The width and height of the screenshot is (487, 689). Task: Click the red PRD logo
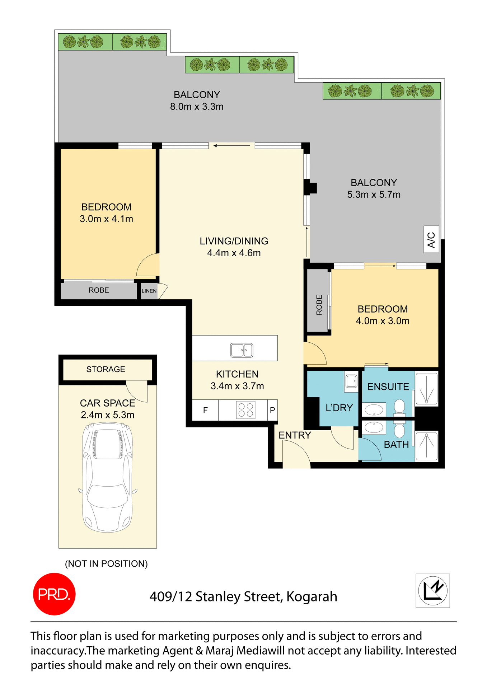54,594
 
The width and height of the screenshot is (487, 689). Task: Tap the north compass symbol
432,590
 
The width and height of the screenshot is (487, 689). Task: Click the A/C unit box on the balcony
431,239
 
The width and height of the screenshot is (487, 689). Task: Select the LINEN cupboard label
149,291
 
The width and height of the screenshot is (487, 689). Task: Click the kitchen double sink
242,350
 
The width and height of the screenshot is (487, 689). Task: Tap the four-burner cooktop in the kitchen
246,410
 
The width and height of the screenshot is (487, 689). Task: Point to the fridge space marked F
205,410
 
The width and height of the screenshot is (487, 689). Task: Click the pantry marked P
272,410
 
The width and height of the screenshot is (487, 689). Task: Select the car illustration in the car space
108,477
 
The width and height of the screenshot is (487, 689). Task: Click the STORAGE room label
106,369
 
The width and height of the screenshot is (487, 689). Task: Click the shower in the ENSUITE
426,389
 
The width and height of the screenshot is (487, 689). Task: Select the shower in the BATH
426,446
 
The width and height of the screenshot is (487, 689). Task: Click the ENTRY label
295,435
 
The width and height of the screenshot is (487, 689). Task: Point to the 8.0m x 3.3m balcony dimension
197,107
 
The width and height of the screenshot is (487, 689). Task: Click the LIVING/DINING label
234,241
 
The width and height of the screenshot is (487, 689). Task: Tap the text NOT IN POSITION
106,563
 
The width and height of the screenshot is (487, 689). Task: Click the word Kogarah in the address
312,597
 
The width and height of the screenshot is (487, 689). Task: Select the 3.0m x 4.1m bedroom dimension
106,219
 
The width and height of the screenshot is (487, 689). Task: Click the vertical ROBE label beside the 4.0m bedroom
319,305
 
